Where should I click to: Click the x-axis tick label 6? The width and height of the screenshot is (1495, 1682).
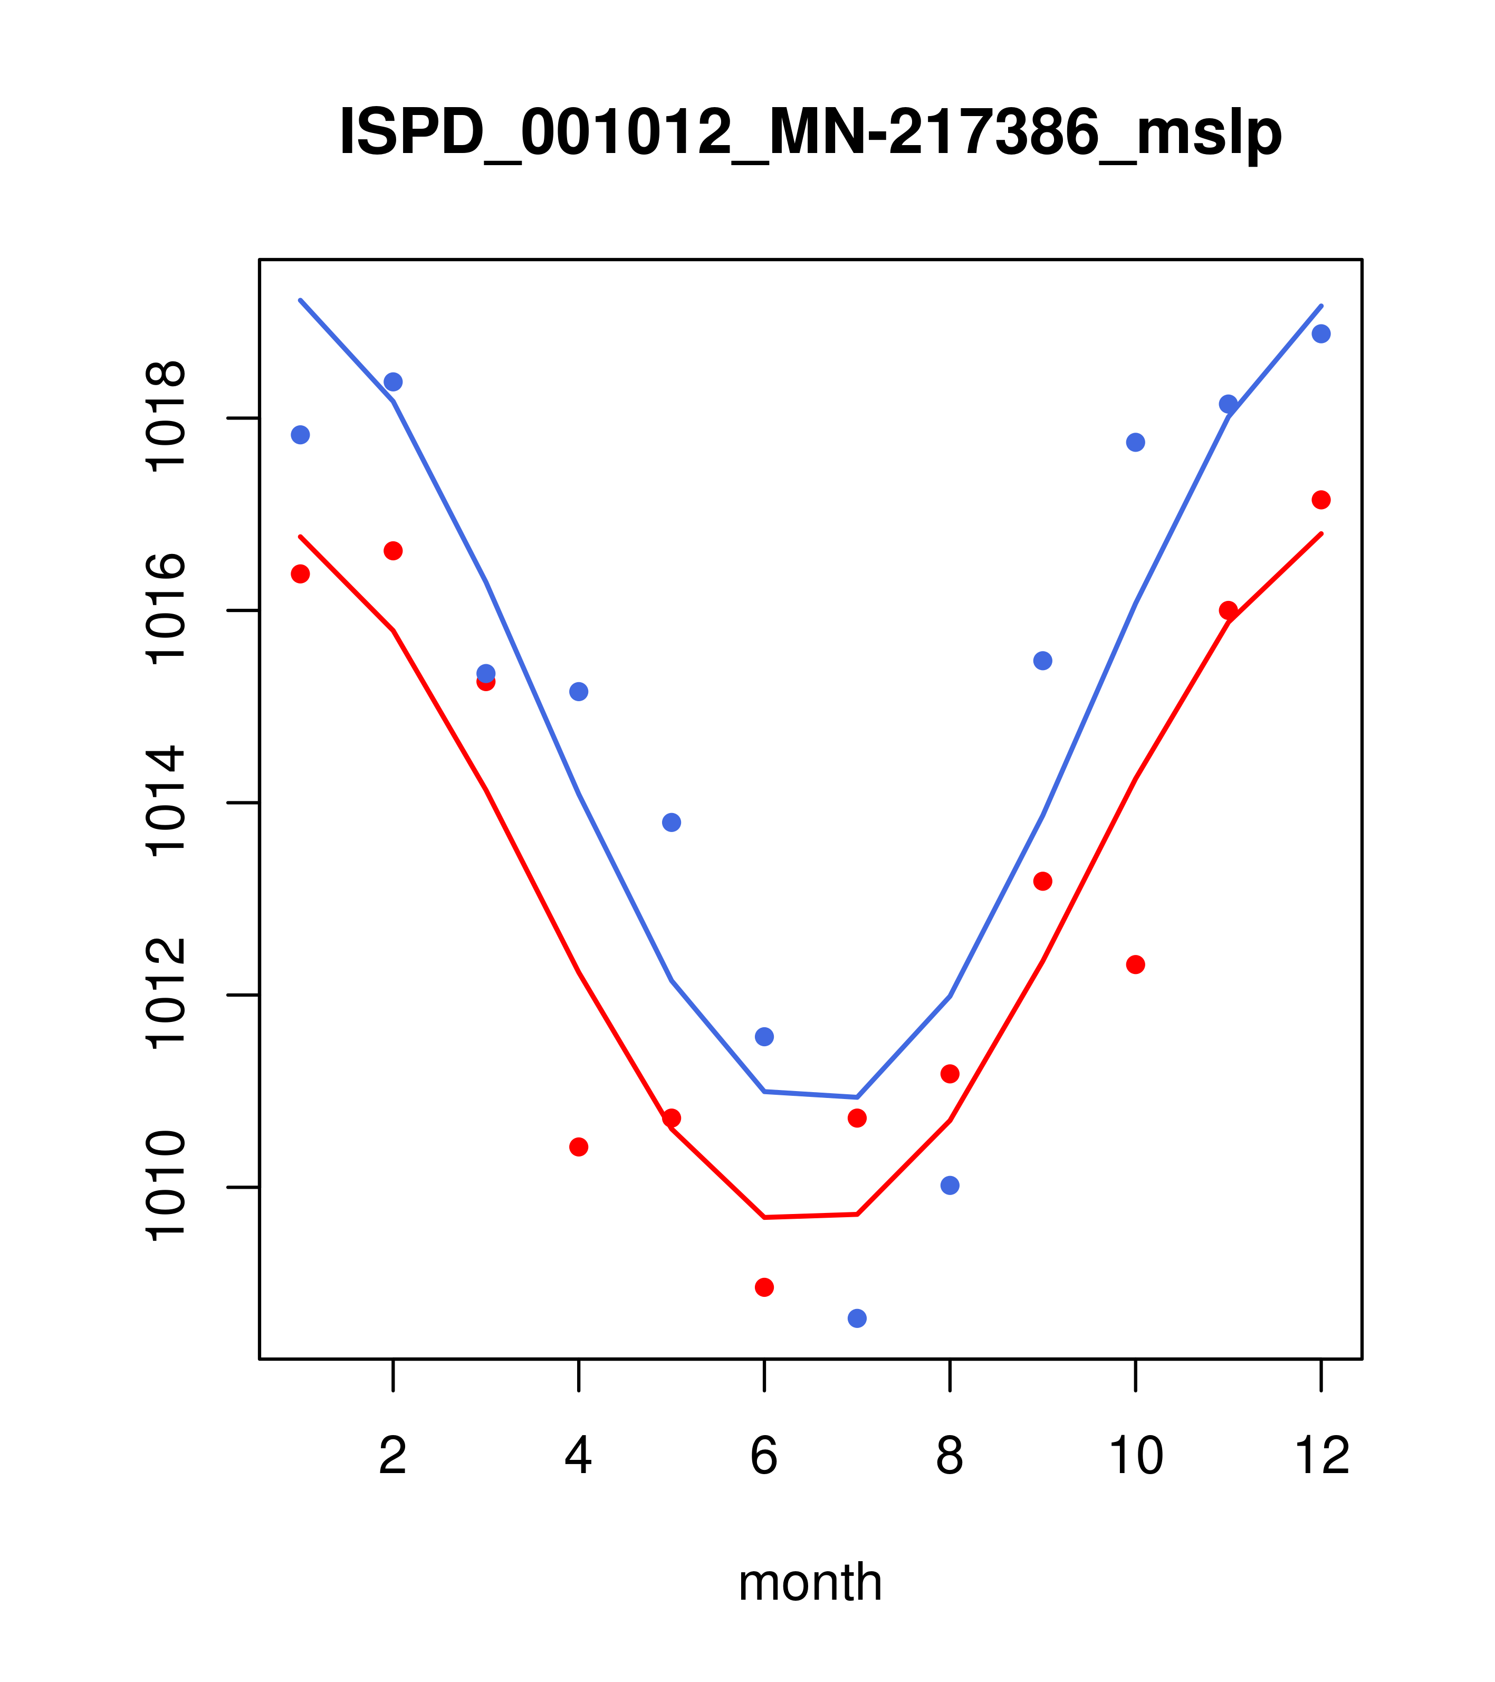click(x=764, y=1457)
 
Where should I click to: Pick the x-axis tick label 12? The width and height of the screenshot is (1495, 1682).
click(x=1321, y=1457)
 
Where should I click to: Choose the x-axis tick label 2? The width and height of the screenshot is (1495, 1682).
click(x=394, y=1457)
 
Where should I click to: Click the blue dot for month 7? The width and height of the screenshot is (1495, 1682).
click(x=857, y=1318)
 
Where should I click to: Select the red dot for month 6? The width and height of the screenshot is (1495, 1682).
click(x=764, y=1287)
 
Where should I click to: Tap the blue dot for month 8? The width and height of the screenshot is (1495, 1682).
click(x=950, y=1185)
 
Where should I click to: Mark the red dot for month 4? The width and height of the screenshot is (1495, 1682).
click(x=579, y=1146)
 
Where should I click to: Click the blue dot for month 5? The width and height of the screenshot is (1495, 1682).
click(x=672, y=822)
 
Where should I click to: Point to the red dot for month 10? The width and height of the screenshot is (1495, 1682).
click(x=1135, y=964)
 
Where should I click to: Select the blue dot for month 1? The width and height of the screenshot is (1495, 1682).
click(x=300, y=435)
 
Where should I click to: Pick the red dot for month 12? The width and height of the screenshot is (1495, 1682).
click(x=1321, y=500)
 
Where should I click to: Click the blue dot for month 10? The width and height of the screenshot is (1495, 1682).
click(x=1135, y=443)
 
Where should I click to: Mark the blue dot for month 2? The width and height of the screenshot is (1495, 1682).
click(x=394, y=382)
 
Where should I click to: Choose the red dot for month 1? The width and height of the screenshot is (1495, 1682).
click(x=300, y=574)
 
